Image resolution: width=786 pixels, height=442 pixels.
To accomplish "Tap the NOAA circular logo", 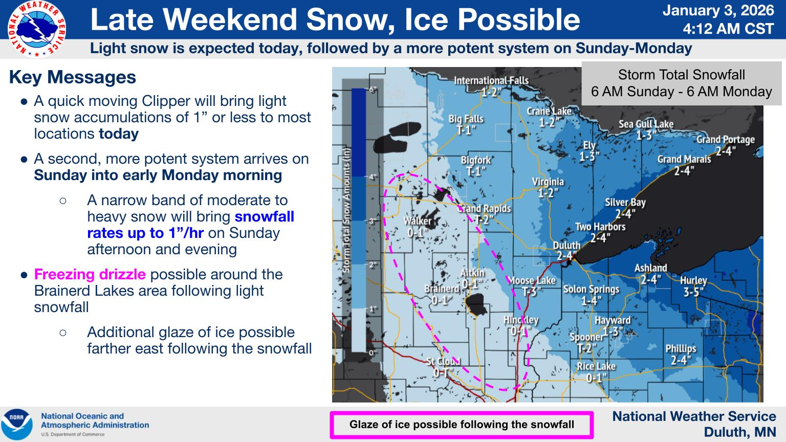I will click(x=16, y=425).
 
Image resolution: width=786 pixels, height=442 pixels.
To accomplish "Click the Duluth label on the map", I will click(x=566, y=250).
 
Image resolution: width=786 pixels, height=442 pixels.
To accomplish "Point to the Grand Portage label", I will click(x=725, y=145).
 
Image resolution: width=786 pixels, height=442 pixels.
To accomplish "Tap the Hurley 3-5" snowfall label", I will click(x=693, y=286).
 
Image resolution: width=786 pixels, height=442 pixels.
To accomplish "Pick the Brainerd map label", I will click(x=441, y=294).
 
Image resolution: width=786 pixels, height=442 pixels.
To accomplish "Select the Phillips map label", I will click(x=681, y=354).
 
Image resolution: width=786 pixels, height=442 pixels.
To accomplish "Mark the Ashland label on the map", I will click(x=650, y=273).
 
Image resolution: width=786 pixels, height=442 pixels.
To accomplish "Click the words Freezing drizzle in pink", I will click(x=90, y=274).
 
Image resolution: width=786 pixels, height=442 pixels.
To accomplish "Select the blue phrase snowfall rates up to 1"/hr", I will click(x=190, y=225).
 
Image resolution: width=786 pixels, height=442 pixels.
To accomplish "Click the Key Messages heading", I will click(x=73, y=77).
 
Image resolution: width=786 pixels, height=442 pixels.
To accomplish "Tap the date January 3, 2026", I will click(x=718, y=11).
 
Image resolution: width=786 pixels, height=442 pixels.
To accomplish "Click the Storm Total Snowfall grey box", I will click(x=681, y=83).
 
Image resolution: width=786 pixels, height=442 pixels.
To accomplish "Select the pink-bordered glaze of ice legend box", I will click(x=462, y=425).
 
